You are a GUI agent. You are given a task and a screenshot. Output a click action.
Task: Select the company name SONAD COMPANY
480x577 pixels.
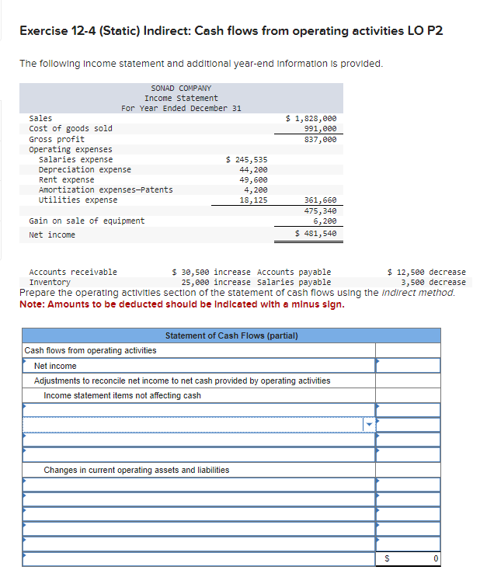pyautogui.click(x=181, y=89)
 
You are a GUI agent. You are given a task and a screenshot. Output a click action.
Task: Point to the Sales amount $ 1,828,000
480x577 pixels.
pyautogui.click(x=311, y=118)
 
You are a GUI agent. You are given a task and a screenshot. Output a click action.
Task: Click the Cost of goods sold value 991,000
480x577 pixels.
pyautogui.click(x=320, y=128)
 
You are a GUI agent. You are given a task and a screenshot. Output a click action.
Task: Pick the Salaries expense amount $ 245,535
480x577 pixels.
pyautogui.click(x=246, y=159)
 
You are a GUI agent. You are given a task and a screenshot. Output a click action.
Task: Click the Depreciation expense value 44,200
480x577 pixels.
pyautogui.click(x=253, y=169)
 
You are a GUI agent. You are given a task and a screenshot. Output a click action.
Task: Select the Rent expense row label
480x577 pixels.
pyautogui.click(x=66, y=179)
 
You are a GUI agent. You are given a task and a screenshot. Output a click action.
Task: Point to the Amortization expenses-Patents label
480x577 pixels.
pyautogui.click(x=106, y=189)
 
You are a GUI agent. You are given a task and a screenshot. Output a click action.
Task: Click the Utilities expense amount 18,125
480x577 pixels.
pyautogui.click(x=253, y=200)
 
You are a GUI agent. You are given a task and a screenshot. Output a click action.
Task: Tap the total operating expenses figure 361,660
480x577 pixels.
pyautogui.click(x=320, y=200)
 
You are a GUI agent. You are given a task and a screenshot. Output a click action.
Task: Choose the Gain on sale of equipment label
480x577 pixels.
pyautogui.click(x=86, y=221)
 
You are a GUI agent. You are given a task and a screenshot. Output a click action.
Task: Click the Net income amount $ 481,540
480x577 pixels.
pyautogui.click(x=315, y=233)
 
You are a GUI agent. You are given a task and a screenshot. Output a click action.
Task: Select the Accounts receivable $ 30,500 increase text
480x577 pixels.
pyautogui.click(x=210, y=272)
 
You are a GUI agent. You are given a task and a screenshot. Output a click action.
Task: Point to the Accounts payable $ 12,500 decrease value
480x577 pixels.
pyautogui.click(x=426, y=272)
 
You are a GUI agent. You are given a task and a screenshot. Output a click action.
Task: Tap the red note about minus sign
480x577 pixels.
pyautogui.click(x=182, y=304)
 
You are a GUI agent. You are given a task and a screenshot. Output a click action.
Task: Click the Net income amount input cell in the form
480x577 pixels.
pyautogui.click(x=408, y=366)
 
